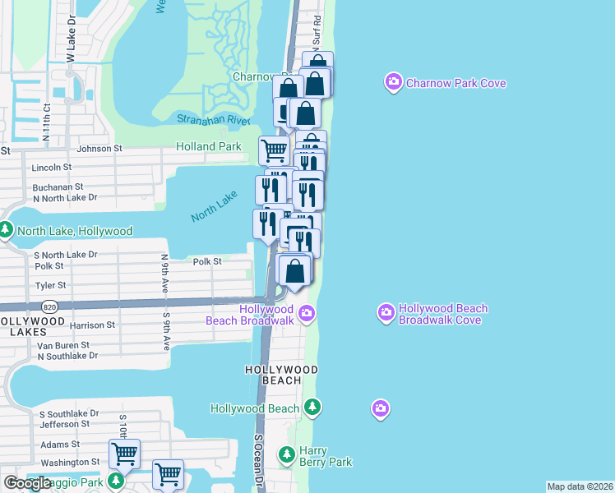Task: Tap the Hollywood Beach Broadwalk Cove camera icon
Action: (386, 312)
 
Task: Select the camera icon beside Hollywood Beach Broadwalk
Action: (307, 313)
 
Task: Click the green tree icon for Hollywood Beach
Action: (312, 407)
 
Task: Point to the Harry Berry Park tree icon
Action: (286, 454)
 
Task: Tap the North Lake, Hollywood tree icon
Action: (7, 230)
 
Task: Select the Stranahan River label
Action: (213, 120)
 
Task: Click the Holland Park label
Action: (209, 147)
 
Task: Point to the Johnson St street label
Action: (99, 149)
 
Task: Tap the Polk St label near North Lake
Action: (207, 261)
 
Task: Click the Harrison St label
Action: (92, 325)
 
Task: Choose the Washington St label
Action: (70, 463)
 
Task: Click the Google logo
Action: (27, 483)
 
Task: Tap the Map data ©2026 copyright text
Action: (580, 486)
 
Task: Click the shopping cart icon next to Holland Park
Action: (273, 150)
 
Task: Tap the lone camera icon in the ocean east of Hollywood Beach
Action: (379, 408)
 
